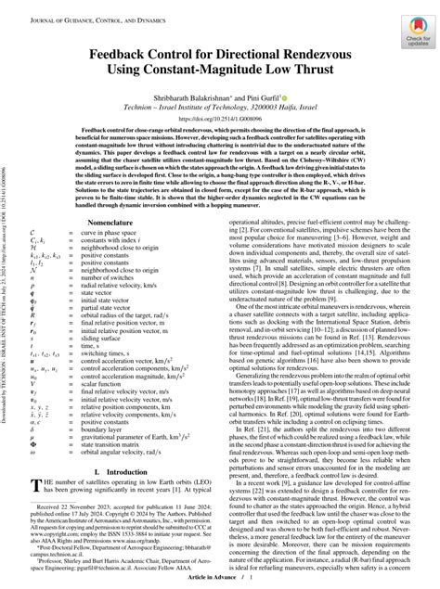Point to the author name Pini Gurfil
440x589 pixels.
[x=277, y=96]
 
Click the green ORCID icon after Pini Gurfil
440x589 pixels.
[x=299, y=96]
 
